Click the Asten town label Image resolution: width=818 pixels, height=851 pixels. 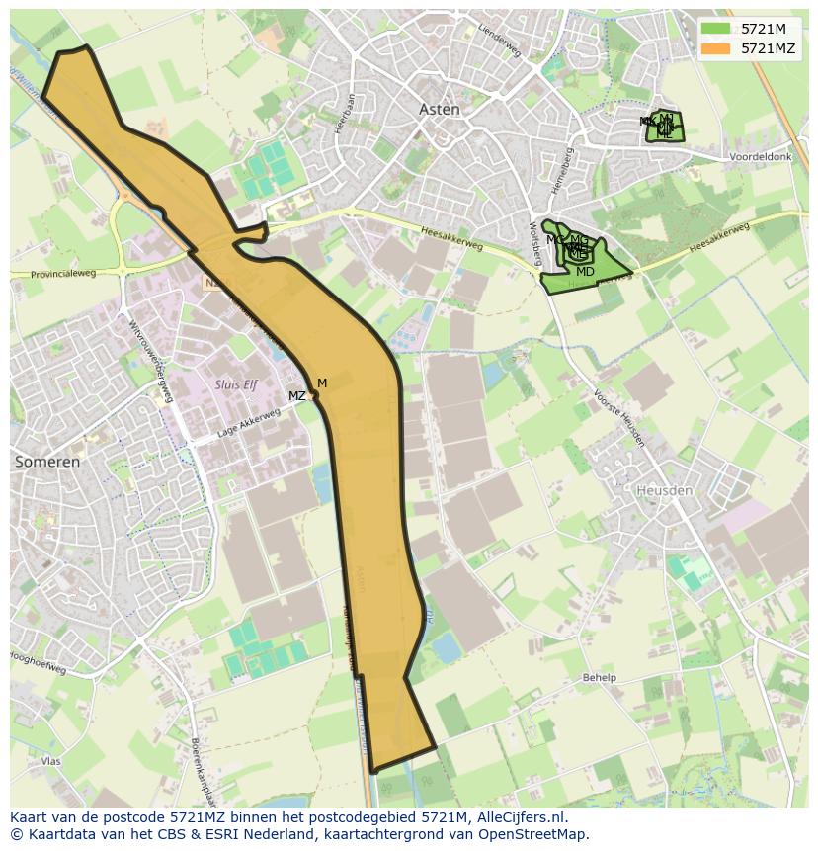(x=440, y=110)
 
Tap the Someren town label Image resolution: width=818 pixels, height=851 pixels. (x=46, y=462)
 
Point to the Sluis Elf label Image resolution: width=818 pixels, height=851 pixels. (x=235, y=384)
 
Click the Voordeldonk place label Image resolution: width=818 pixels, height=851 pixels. (x=761, y=157)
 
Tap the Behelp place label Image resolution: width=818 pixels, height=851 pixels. (x=599, y=678)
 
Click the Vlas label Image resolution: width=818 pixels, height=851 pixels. (x=51, y=761)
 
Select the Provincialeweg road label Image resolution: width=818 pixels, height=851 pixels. (x=63, y=274)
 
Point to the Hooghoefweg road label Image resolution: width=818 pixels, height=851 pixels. (x=38, y=662)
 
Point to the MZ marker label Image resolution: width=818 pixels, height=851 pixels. (x=296, y=396)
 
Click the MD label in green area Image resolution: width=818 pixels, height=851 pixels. (x=585, y=272)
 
